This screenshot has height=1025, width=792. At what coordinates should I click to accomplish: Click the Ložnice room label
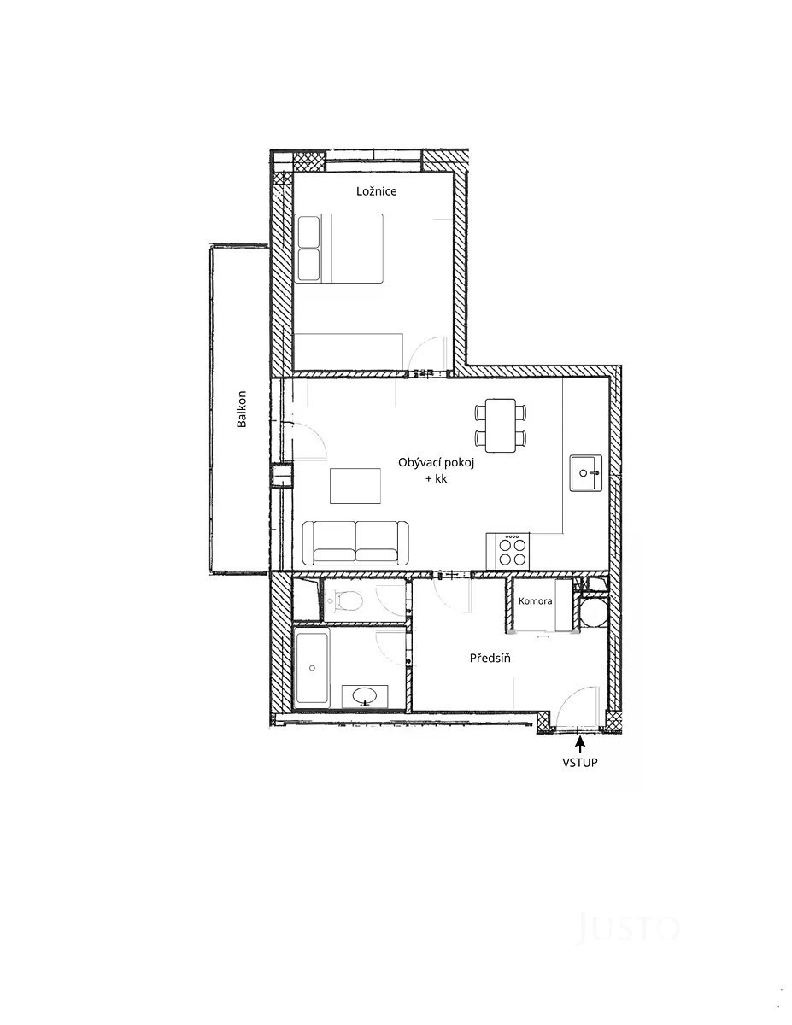point(376,191)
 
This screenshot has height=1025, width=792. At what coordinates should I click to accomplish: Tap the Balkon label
point(242,409)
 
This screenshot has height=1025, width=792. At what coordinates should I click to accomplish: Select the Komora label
point(536,601)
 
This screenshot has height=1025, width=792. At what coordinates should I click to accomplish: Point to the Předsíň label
point(490,658)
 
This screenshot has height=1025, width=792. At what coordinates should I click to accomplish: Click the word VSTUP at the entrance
point(580,763)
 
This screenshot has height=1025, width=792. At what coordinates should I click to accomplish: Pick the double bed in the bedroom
point(338,249)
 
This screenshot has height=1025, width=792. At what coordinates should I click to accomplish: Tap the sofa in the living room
point(355,543)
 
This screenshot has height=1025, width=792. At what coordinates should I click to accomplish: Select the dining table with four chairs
point(501,425)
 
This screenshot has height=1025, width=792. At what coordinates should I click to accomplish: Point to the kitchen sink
point(586,472)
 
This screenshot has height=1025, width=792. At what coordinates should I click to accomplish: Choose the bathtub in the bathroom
point(311,669)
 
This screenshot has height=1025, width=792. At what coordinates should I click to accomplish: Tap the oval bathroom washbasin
point(365,696)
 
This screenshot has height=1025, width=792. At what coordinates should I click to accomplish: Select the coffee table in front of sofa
point(355,486)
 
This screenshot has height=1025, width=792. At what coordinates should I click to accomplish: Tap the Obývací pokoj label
point(436,463)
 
